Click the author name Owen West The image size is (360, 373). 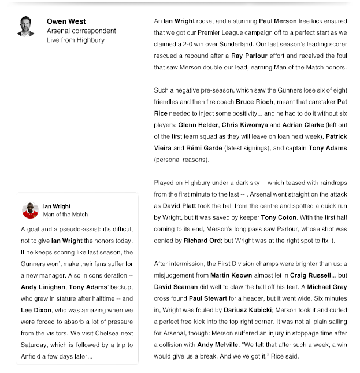66,21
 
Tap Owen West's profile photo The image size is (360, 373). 26,26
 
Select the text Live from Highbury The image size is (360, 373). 76,40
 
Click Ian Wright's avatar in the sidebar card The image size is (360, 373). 30,210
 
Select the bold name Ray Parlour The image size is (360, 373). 249,56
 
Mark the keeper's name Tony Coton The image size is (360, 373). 277,217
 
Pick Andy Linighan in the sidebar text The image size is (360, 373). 43,287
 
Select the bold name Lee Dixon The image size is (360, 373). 36,310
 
